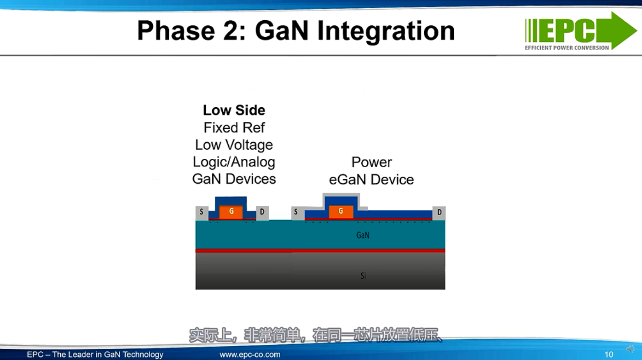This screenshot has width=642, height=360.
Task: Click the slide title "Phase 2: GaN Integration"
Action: pos(296,31)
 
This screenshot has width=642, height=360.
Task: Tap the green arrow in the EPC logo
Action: pos(622,30)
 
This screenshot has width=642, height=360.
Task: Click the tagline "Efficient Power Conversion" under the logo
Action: pos(567,48)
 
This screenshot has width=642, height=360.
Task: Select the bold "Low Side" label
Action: pos(234,110)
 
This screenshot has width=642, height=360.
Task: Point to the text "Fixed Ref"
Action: pos(234,128)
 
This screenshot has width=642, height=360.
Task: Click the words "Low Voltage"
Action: pos(234,145)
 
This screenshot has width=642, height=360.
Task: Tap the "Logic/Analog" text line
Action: pos(234,162)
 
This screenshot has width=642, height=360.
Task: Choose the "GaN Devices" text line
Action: pos(234,179)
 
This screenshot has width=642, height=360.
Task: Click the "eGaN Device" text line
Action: pos(371,180)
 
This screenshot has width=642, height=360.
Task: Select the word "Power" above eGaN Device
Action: pos(371,162)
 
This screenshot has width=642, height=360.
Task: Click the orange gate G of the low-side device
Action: pos(231,212)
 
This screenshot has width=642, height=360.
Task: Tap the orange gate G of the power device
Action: pos(341,212)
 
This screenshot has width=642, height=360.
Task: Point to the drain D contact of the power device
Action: pos(439,213)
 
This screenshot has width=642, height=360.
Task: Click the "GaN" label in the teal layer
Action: pos(363,235)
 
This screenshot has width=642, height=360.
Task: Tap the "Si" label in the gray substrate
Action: pos(363,276)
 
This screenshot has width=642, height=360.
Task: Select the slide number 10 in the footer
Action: pos(609,355)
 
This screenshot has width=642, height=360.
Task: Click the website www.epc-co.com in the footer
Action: pos(250,355)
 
